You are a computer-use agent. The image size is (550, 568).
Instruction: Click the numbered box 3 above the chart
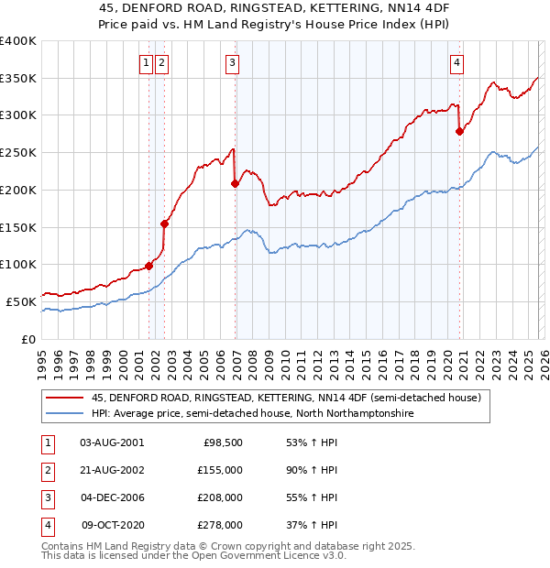(x=233, y=63)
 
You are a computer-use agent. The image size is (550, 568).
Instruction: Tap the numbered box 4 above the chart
(x=456, y=63)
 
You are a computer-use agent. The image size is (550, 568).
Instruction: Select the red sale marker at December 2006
(x=236, y=183)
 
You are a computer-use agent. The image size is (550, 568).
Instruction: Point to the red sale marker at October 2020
(x=460, y=131)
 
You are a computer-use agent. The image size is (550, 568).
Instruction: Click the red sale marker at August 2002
(x=165, y=223)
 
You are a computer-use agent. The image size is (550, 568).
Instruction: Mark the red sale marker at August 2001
(x=148, y=266)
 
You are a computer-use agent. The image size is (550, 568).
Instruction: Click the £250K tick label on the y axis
(x=17, y=152)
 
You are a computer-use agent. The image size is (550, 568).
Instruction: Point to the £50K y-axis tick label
(x=20, y=301)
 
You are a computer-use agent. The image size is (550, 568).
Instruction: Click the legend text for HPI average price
(x=253, y=414)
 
